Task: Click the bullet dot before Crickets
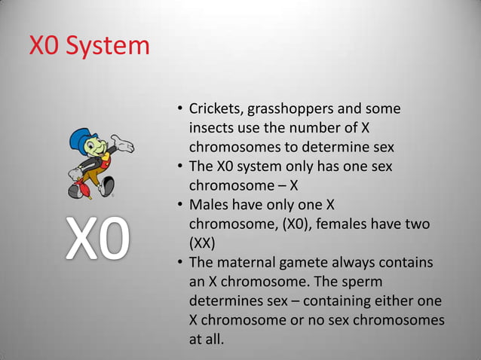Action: tap(179, 110)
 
